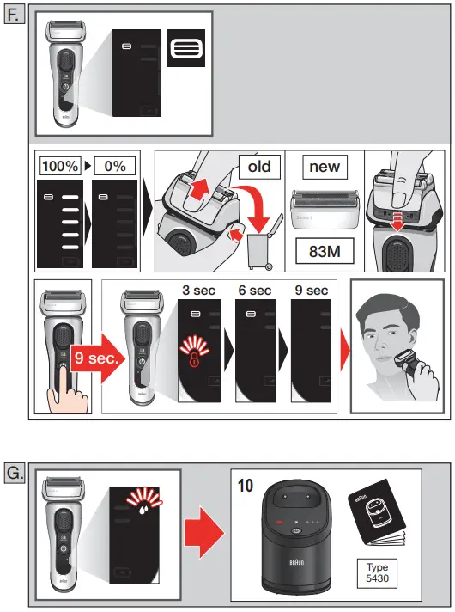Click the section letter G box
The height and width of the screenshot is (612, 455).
point(15,471)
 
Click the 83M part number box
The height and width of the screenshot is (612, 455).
point(325,251)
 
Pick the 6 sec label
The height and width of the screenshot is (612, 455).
point(254,291)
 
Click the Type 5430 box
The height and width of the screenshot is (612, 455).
point(377,573)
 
